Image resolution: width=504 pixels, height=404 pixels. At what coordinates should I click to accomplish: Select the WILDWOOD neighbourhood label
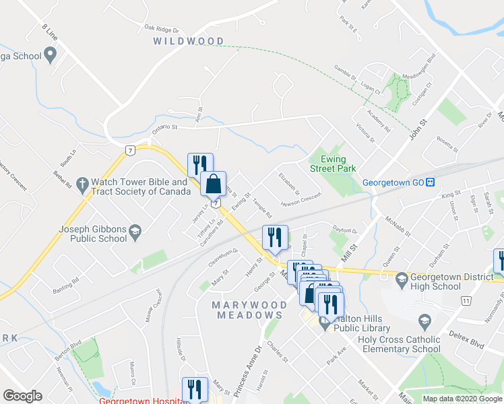pos(188,41)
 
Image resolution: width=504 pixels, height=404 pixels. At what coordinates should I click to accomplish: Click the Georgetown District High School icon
pos(402,277)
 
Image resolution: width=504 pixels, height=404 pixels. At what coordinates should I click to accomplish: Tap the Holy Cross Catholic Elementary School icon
pos(424,320)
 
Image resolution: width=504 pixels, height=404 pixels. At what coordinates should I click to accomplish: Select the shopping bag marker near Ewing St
pos(213,184)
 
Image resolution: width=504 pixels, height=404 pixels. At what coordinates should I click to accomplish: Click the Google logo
pos(23,396)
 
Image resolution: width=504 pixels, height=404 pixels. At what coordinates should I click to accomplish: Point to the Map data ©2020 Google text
pos(462,399)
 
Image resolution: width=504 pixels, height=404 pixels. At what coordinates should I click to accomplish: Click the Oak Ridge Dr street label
pos(161,30)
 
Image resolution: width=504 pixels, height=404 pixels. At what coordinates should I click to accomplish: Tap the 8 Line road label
pos(50,32)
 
